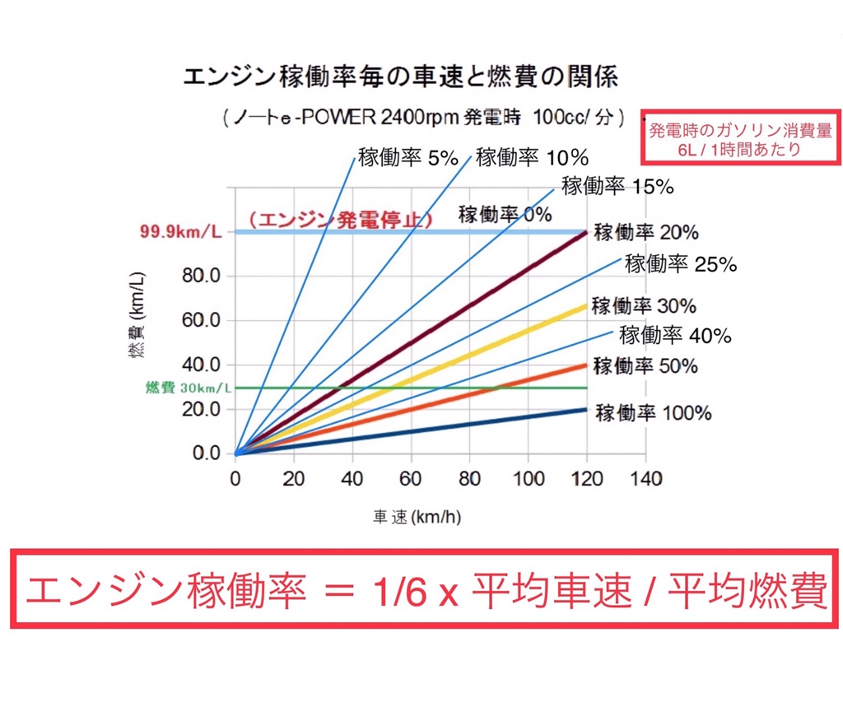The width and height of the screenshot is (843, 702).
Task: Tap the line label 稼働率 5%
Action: pos(408,157)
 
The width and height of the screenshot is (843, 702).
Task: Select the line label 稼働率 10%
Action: pos(531,156)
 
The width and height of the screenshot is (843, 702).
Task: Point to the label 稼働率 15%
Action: pos(617,185)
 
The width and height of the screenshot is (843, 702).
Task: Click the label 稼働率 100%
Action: pos(654,412)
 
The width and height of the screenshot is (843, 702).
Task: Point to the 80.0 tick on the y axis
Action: pos(201,276)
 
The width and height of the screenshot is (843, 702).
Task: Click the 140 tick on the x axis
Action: pos(645,477)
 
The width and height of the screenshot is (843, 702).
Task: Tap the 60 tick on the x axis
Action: pos(411,477)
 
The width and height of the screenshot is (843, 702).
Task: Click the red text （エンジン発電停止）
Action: pos(340,220)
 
